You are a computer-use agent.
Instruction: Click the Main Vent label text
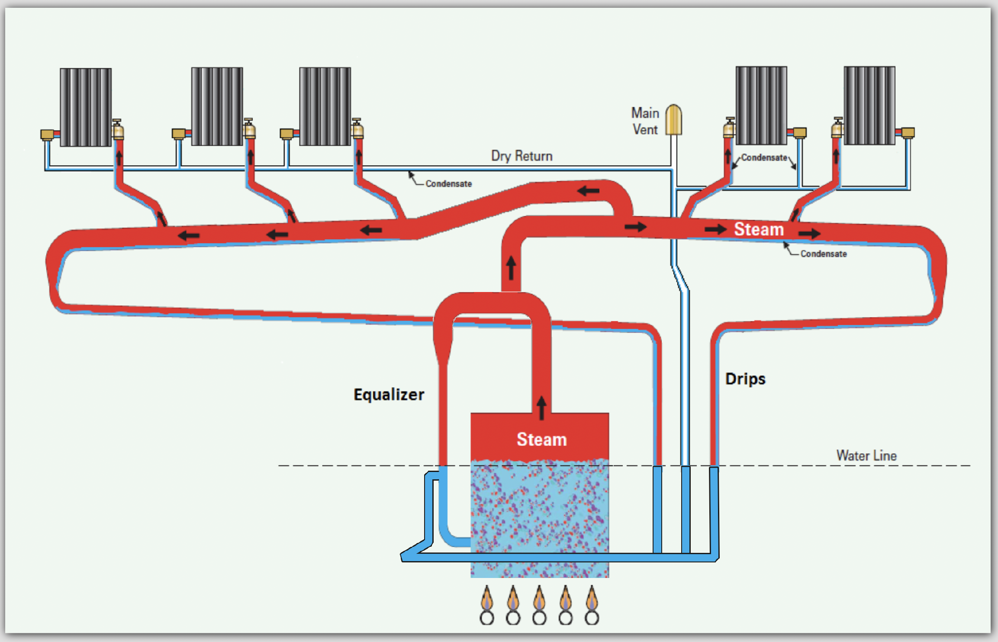point(645,121)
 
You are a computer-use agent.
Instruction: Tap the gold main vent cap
point(673,119)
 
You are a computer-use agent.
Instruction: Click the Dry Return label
point(522,156)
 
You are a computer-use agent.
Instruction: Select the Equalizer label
point(389,395)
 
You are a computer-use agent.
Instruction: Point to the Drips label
point(745,379)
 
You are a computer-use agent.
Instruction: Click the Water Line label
point(866,456)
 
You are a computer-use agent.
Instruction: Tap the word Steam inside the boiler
point(541,440)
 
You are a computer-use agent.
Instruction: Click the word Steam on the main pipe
point(759,229)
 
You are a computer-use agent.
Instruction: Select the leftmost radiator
point(86,107)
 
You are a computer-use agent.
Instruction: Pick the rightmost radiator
point(869,106)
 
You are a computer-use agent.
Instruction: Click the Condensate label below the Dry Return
point(448,184)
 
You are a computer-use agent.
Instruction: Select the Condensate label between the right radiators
point(764,157)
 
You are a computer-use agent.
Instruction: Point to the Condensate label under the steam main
point(823,254)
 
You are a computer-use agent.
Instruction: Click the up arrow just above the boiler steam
point(541,407)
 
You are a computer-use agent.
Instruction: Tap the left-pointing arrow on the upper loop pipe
point(589,190)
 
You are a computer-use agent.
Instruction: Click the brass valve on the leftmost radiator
point(118,130)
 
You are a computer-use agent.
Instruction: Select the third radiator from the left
point(325,106)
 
